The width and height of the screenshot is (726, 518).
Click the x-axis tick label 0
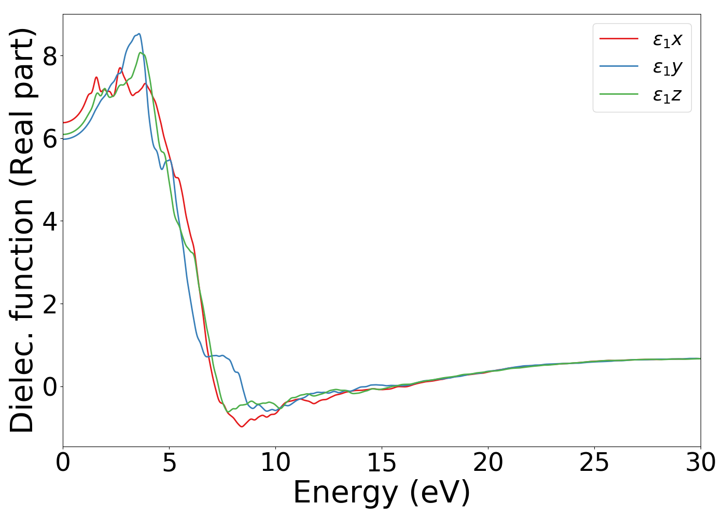(63, 463)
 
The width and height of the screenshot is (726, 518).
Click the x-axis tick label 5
(169, 463)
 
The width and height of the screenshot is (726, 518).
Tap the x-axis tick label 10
(275, 463)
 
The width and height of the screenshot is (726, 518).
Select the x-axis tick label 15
(382, 463)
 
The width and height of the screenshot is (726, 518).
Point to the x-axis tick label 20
(488, 463)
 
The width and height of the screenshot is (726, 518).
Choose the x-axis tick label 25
(594, 463)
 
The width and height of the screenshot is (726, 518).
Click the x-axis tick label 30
(701, 463)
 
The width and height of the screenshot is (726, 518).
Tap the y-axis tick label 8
(50, 56)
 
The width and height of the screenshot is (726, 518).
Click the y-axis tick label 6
(50, 138)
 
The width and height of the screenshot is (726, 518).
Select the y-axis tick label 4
(50, 221)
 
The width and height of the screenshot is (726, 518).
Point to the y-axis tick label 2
(50, 304)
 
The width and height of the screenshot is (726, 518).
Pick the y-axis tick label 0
(50, 386)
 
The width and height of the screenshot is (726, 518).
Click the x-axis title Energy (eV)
(382, 493)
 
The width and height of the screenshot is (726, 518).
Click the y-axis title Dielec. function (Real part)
(22, 231)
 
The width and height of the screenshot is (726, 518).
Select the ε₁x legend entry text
(667, 39)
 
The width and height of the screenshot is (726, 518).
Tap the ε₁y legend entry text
(667, 67)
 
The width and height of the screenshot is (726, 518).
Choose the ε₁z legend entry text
(667, 95)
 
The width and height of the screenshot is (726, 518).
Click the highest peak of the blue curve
(139, 34)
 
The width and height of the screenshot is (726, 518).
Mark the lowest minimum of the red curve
(242, 426)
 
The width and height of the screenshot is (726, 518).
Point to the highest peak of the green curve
(140, 52)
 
